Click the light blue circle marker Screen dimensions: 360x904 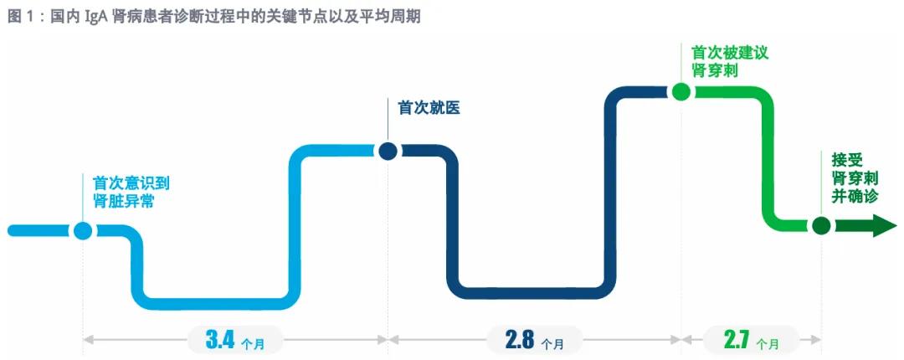(82, 229)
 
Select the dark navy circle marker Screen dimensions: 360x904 (387, 151)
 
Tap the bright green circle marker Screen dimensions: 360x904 (681, 91)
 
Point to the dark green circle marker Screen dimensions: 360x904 (821, 225)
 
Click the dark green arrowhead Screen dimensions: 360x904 (884, 225)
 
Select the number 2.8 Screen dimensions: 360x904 (520, 340)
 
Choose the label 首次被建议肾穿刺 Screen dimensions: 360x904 (724, 61)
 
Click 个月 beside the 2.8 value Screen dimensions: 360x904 (552, 343)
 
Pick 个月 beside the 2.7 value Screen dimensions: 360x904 (767, 343)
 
